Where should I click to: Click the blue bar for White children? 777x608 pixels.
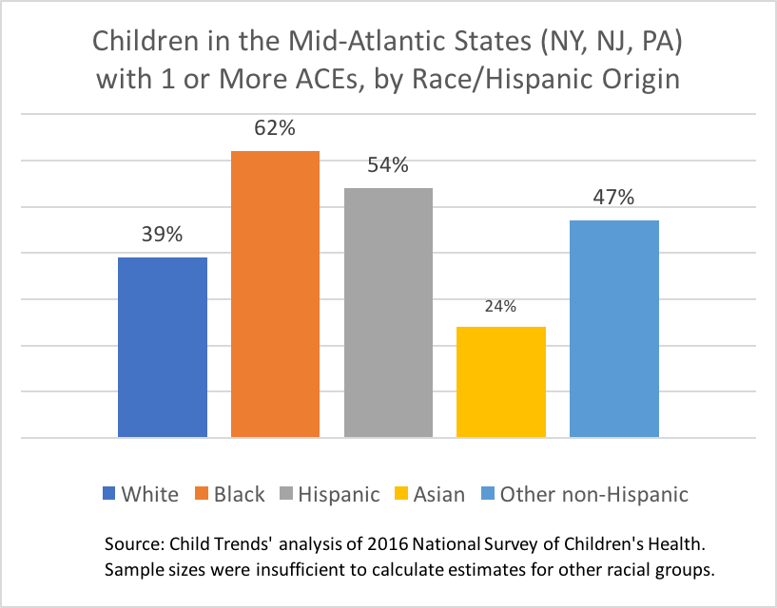pos(163,347)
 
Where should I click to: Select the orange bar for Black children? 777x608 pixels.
pos(276,294)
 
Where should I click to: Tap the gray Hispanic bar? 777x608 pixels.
pos(388,313)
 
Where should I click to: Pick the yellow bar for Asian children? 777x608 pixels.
pos(501,382)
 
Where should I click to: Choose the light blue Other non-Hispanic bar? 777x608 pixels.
pos(614,329)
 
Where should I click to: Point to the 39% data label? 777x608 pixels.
pos(163,235)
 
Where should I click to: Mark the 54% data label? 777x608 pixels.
pos(388,165)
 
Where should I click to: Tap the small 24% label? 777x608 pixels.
pos(501,306)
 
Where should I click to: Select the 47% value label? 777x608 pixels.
pos(614,198)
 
